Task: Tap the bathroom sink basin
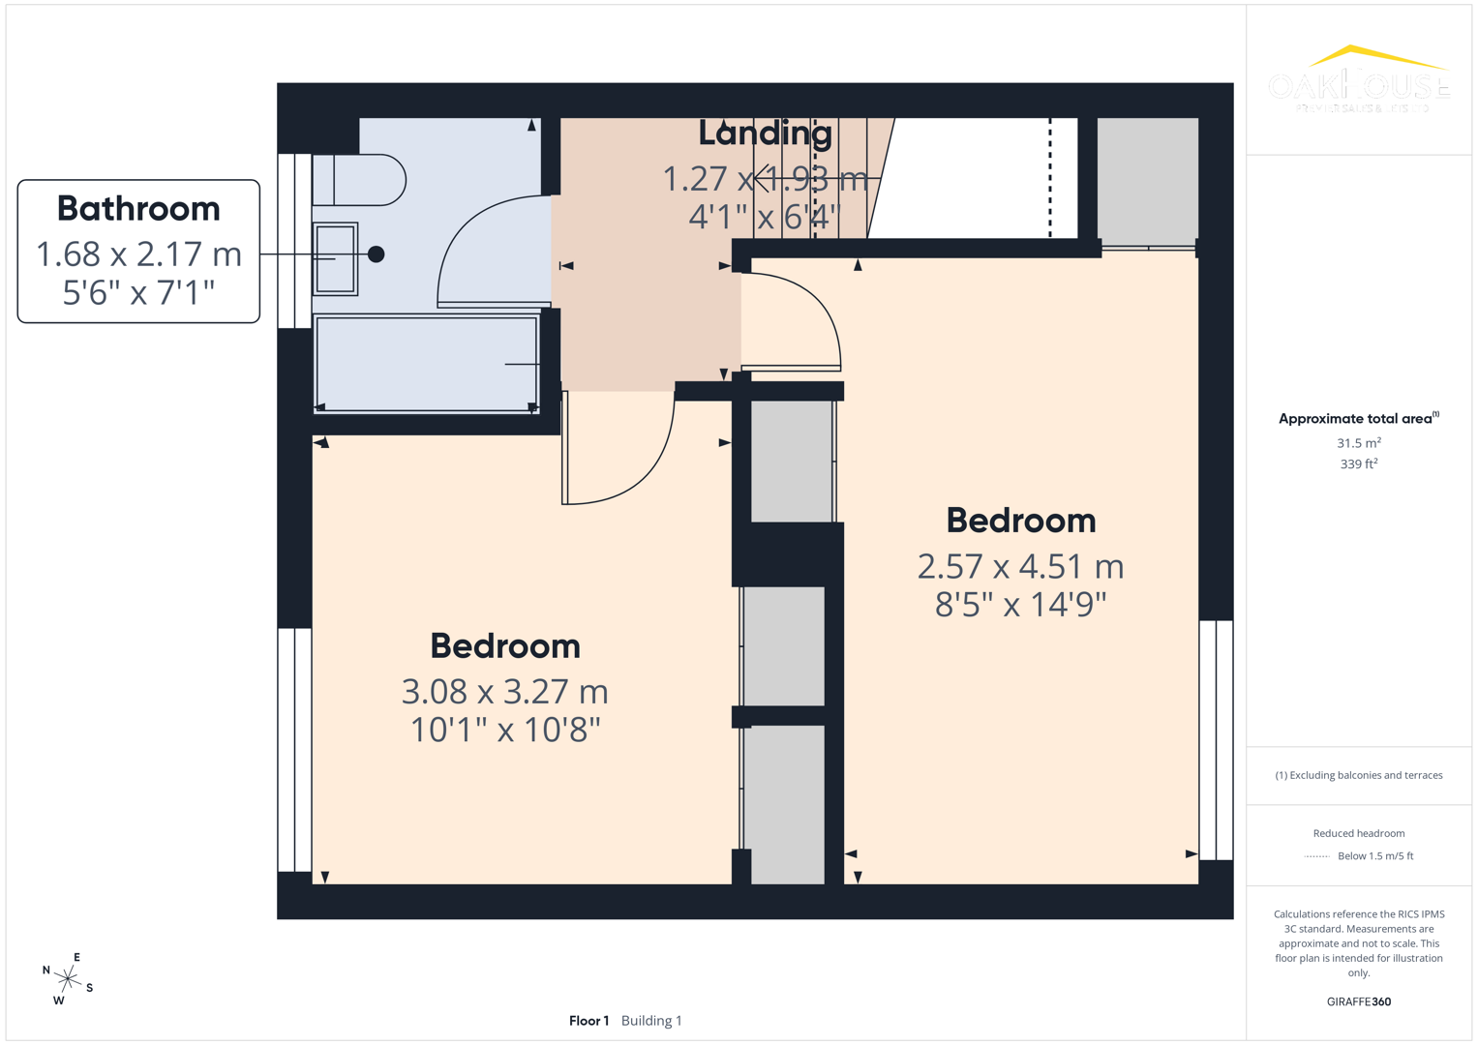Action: tap(335, 258)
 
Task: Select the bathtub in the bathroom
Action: tap(426, 364)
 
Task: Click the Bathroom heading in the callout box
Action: tap(138, 209)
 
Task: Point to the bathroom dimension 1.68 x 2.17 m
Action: tap(138, 254)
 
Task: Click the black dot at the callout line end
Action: tap(377, 254)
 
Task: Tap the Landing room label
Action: tap(765, 134)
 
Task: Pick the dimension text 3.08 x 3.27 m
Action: tap(504, 692)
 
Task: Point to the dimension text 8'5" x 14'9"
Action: tap(1020, 605)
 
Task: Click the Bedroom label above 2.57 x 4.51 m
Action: tap(1020, 521)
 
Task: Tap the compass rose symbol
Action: tap(68, 979)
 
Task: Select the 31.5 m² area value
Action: tap(1358, 443)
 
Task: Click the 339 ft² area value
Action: tap(1358, 464)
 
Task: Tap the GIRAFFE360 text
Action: tap(1358, 1001)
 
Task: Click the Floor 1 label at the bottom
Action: tap(588, 1021)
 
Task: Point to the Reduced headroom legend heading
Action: tap(1358, 833)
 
